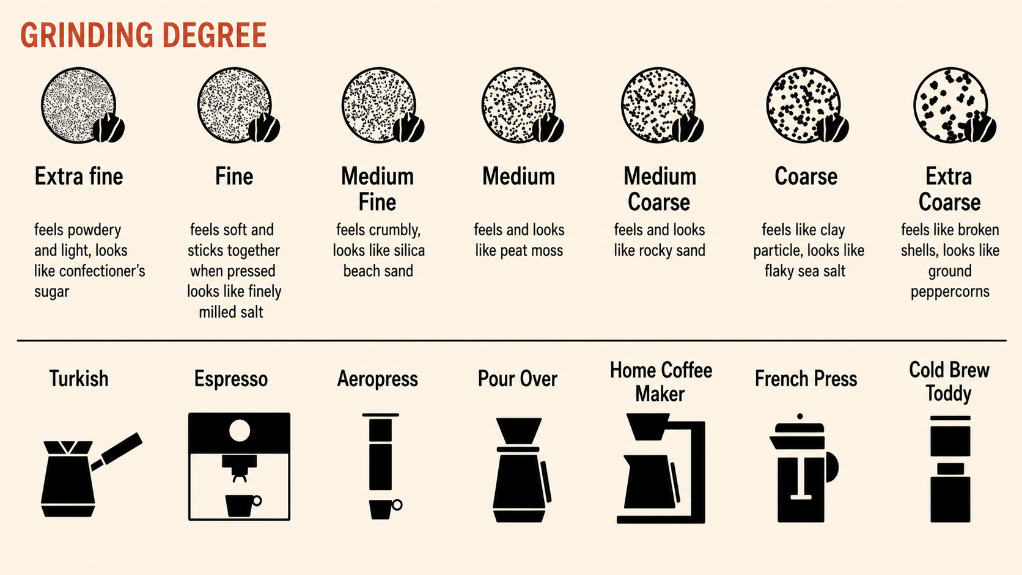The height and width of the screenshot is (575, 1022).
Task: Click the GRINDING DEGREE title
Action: click(143, 35)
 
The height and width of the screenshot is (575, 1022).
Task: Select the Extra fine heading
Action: click(79, 177)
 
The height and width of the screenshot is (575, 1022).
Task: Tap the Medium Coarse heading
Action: click(660, 189)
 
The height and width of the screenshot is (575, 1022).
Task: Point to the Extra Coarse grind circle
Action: click(950, 105)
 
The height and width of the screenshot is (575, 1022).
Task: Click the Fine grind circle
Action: click(235, 105)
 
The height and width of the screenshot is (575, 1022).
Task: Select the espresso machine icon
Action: click(239, 466)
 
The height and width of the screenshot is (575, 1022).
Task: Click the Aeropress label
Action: click(377, 379)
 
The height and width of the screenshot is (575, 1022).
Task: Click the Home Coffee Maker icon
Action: click(661, 468)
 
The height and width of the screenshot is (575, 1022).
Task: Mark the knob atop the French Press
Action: click(800, 417)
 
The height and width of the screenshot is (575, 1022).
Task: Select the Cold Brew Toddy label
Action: click(949, 382)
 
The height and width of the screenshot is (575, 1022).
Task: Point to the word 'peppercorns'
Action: click(950, 292)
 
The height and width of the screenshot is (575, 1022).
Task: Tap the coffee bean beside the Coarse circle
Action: click(832, 128)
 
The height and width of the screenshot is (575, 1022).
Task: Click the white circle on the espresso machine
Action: click(240, 430)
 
